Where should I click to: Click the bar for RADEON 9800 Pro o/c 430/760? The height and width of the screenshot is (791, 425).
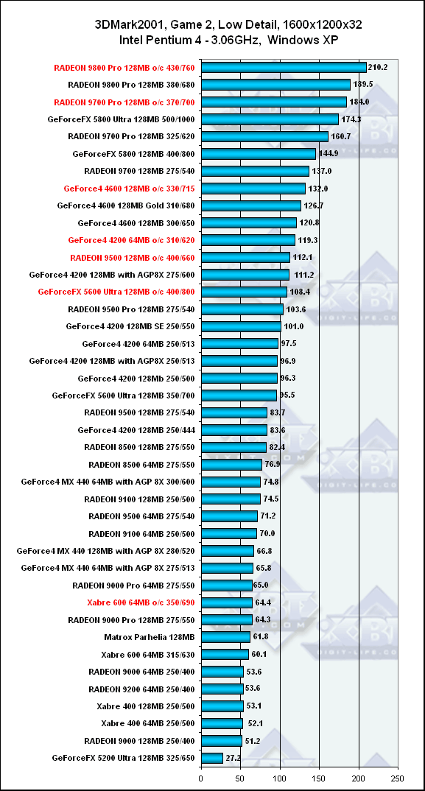284,68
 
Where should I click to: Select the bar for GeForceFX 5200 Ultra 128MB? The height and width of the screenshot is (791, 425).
212,758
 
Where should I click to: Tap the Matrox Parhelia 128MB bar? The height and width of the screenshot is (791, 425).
225,637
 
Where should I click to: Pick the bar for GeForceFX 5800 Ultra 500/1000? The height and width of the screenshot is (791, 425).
270,119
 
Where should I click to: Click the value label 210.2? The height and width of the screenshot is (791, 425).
378,67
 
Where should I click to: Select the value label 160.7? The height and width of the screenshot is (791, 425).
340,136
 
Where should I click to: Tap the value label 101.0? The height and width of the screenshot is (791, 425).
292,326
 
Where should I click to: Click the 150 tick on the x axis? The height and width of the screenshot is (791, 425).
320,778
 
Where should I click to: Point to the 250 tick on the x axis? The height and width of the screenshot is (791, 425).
398,778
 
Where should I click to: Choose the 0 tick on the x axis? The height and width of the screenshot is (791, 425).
201,778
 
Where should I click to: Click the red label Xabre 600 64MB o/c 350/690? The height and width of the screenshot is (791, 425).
141,602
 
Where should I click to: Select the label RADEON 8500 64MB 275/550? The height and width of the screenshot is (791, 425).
142,464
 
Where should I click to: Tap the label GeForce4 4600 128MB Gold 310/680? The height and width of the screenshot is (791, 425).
126,205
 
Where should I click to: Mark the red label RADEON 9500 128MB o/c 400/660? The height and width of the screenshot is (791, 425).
133,257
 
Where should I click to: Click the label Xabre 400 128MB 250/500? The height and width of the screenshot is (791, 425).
146,706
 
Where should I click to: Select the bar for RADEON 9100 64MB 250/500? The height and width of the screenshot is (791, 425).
229,533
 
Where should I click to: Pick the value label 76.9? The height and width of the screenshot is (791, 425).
272,464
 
